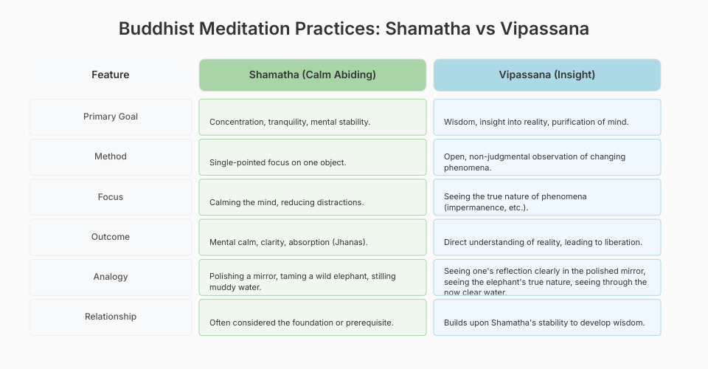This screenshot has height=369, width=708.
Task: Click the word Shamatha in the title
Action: pos(428,29)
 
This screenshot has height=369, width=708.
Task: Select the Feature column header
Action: pos(110,75)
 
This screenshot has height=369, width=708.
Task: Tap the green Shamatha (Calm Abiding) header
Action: pos(313,75)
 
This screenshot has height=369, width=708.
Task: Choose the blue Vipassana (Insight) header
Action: pos(546,75)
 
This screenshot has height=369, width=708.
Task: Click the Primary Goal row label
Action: pos(110,117)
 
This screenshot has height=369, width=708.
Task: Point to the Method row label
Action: pos(110,156)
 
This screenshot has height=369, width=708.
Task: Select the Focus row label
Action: pos(110,197)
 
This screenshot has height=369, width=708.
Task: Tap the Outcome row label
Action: pos(110,237)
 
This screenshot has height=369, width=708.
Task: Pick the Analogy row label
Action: pos(110,277)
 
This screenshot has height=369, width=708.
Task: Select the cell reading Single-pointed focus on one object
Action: pos(313,157)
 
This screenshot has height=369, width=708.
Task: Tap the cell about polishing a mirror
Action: pos(313,277)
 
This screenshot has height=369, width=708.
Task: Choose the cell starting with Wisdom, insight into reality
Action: pos(546,117)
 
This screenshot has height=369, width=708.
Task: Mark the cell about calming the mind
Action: pos(313,197)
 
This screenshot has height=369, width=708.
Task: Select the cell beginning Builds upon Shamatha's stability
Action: pos(546,317)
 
